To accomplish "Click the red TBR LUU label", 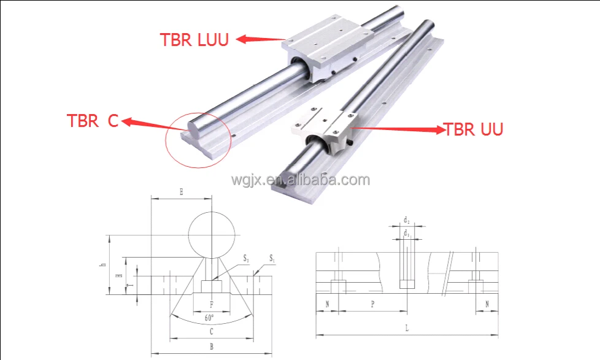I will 194,40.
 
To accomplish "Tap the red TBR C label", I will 92,121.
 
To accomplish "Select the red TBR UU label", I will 473,129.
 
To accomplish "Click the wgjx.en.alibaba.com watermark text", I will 300,180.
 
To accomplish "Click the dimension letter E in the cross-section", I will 181,192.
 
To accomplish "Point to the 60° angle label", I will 210,318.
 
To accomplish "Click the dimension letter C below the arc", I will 211,332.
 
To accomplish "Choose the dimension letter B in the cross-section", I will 211,347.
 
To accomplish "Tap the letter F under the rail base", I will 212,304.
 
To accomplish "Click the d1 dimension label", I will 406,232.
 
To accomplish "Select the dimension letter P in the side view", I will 372,304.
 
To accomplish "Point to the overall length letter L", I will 407,328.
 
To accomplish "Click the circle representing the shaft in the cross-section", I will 212,236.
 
